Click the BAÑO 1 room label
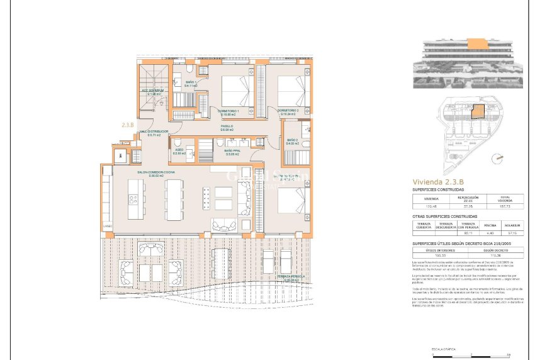tap(191, 84)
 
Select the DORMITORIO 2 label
tap(288, 112)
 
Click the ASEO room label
tap(178, 151)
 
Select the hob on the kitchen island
tap(133, 200)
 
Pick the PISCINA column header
tap(490, 225)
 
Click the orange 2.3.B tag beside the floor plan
tap(128, 125)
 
